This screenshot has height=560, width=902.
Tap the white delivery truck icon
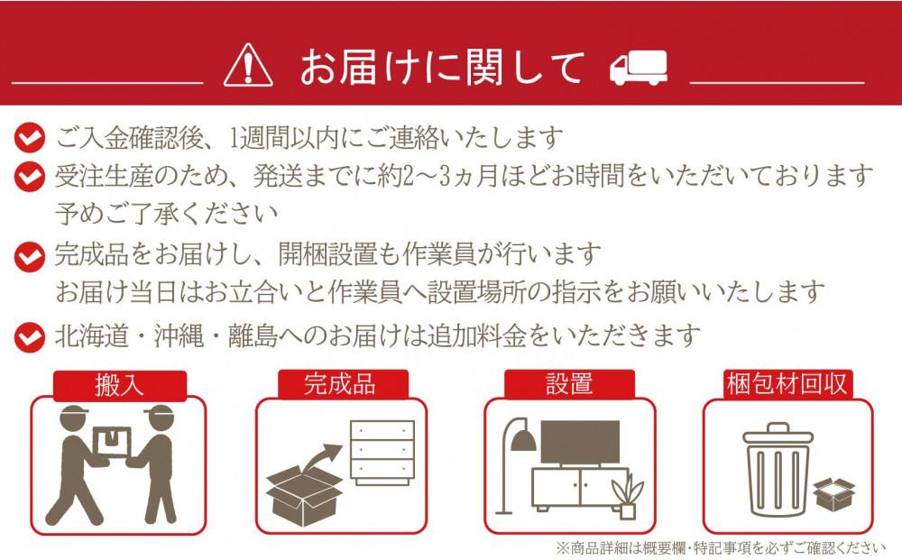638,68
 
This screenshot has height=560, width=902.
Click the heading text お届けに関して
442,68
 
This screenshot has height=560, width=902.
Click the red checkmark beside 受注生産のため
29,174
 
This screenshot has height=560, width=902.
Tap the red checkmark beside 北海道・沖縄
29,337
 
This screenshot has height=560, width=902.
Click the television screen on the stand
579,442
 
